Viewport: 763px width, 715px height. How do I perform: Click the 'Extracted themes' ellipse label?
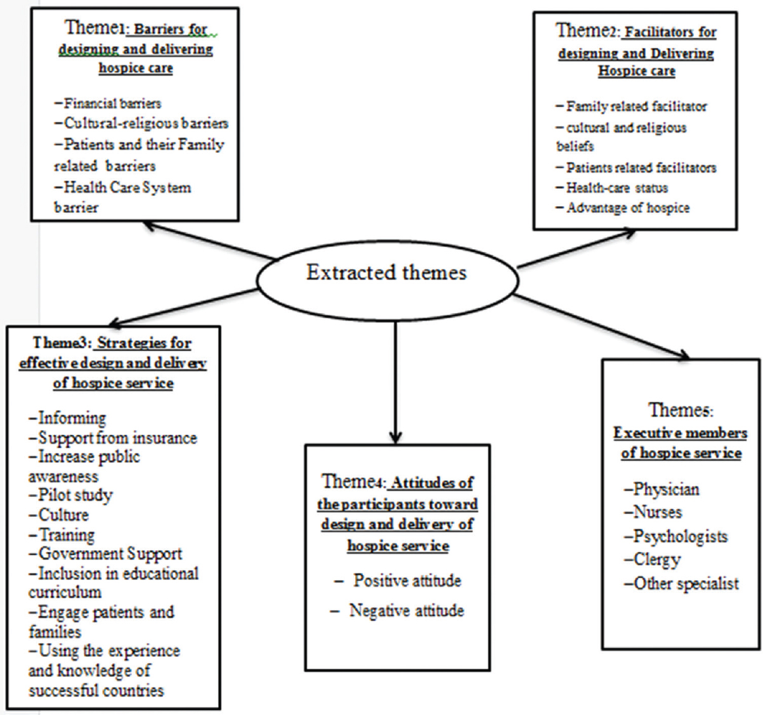click(386, 273)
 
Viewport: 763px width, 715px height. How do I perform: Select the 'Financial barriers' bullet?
click(108, 103)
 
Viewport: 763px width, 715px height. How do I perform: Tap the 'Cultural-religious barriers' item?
click(141, 123)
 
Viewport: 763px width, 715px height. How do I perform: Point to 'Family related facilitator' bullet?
click(631, 106)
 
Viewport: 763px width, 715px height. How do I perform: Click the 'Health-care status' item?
click(612, 188)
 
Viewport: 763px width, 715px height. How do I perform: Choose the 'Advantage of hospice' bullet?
click(623, 208)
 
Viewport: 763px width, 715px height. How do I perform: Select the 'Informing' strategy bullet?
click(68, 418)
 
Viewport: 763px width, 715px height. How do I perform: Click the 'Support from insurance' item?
click(113, 438)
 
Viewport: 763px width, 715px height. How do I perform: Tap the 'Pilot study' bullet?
click(70, 495)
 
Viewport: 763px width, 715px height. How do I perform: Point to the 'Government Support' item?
click(105, 554)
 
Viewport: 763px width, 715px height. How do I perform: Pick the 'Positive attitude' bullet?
click(398, 580)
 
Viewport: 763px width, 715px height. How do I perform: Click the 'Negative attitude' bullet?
click(397, 610)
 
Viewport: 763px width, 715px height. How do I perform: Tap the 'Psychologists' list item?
click(676, 536)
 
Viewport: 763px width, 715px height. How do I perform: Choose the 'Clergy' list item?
click(653, 560)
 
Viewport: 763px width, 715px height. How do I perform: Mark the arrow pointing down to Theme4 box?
click(395, 382)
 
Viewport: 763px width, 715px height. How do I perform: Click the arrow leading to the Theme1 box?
click(209, 240)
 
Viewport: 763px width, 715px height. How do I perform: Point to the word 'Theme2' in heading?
click(587, 30)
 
